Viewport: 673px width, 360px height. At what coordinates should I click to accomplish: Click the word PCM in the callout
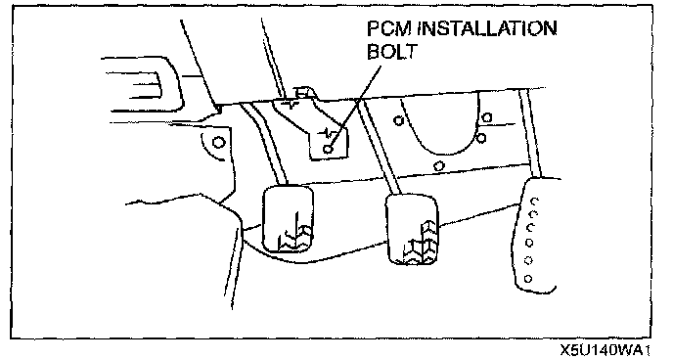389,29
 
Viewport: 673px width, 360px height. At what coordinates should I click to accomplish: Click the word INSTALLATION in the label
487,28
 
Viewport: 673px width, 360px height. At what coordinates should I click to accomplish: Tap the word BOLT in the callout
392,52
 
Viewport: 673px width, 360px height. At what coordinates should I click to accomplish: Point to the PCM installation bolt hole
329,149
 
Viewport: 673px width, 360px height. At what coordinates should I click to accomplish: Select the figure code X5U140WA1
606,350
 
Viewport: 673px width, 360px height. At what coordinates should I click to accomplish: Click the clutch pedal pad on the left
288,218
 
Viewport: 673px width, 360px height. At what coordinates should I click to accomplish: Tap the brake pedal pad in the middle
412,229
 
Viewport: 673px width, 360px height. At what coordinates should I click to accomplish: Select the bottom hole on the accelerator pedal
528,279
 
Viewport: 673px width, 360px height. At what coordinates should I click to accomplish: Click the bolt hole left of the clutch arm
218,142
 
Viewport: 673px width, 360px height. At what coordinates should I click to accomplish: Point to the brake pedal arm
379,147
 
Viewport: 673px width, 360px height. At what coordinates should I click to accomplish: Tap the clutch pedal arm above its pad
264,144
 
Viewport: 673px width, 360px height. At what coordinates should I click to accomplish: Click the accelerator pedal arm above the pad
530,133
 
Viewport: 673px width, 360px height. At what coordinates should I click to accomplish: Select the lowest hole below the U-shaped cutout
438,165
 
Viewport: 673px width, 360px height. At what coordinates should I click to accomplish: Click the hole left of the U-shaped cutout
399,120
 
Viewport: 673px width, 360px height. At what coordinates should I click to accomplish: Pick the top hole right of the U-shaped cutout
487,117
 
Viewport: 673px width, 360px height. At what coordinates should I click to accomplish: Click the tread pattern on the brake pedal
422,243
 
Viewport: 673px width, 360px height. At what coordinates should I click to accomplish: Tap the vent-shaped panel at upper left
142,84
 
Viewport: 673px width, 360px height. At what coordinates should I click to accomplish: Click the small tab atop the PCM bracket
303,92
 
